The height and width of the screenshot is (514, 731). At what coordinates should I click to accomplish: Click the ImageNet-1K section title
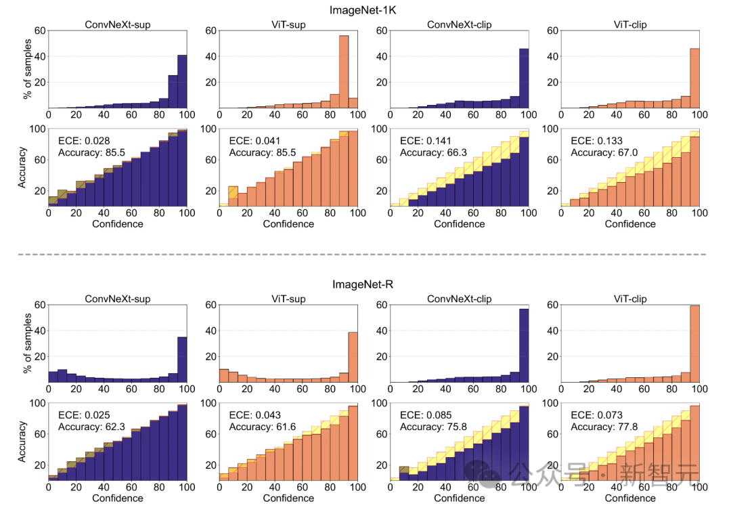(365, 9)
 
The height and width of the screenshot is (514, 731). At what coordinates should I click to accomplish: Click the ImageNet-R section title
(365, 284)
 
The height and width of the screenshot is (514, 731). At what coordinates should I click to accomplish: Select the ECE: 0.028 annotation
(81, 141)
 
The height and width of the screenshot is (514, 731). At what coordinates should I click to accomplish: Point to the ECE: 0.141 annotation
(423, 141)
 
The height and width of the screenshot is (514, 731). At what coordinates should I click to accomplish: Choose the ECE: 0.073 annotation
(594, 415)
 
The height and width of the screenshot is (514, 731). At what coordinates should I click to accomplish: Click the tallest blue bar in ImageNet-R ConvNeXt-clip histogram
(523, 347)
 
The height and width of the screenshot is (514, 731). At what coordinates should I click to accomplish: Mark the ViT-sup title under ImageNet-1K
(288, 24)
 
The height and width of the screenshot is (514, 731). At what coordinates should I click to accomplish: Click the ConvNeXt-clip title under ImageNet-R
(460, 299)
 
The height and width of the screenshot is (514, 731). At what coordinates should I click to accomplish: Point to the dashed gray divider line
(365, 254)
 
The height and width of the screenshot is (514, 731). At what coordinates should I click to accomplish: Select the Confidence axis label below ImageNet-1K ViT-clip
(630, 223)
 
